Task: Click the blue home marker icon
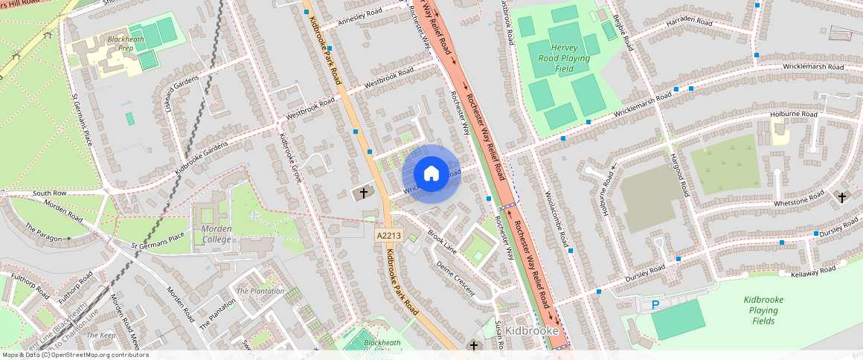point(431,173)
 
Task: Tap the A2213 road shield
point(388,235)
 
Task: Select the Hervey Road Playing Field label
point(564,58)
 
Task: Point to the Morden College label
point(216,234)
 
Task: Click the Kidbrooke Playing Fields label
point(763,310)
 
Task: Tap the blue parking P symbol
point(655,304)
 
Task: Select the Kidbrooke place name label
point(531,330)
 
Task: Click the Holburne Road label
point(793,115)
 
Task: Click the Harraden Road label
point(690,24)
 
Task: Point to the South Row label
point(50,193)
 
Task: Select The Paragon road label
point(43,232)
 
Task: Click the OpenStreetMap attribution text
point(74,355)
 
